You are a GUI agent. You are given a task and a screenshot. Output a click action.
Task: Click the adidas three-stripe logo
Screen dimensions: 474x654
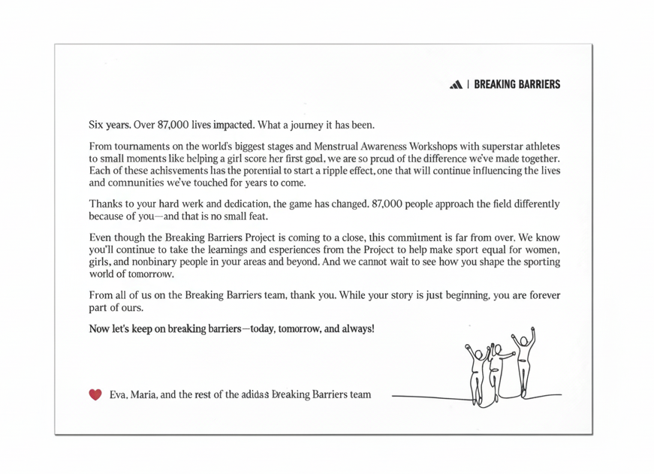coord(454,85)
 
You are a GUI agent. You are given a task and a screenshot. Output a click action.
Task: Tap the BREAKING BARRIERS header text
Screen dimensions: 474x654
coord(517,85)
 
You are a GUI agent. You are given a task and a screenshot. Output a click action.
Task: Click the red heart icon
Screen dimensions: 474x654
coord(95,394)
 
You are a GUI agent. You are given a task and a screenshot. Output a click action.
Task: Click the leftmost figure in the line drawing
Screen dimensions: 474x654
coord(476,372)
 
